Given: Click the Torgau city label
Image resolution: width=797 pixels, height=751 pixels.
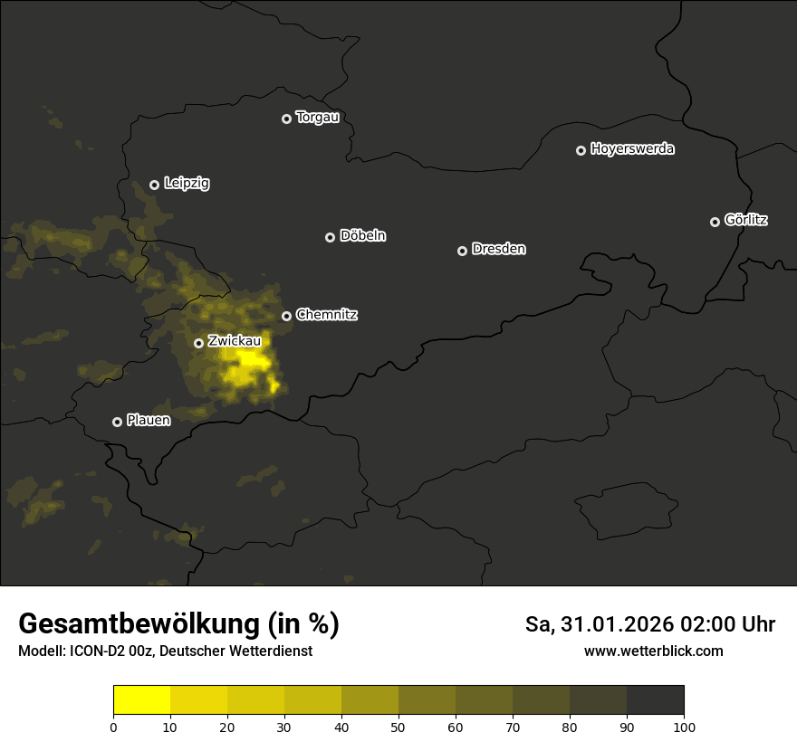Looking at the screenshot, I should tap(317, 118).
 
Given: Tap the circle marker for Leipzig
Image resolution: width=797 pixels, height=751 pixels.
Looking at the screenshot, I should tap(154, 185).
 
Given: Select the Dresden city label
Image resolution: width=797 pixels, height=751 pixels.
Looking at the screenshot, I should tap(498, 249).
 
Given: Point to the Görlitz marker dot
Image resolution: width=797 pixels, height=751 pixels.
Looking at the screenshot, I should tap(715, 222).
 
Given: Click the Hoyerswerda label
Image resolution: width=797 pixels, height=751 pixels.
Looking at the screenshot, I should tap(632, 149).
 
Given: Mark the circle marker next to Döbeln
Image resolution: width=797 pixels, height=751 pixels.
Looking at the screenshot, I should tap(330, 237).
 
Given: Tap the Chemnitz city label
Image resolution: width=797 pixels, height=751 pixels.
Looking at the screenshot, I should tap(326, 315).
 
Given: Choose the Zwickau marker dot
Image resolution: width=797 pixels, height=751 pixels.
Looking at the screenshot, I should tap(198, 343).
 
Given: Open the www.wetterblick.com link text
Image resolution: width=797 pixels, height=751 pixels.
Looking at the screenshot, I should tap(653, 651).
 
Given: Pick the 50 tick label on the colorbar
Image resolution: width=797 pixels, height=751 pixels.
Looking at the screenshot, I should tap(398, 727).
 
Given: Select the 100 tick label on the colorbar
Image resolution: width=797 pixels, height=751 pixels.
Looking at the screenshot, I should tap(684, 727).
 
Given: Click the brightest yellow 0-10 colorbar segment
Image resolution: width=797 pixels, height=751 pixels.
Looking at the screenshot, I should tap(141, 699).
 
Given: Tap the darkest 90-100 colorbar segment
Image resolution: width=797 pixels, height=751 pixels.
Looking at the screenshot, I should tap(655, 699).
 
